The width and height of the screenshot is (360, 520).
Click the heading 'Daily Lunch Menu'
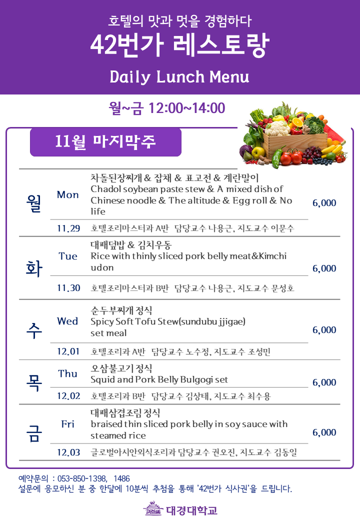[179, 76]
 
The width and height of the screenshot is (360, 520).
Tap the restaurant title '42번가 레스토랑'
[179, 45]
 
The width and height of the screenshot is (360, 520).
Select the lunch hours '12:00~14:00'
[186, 108]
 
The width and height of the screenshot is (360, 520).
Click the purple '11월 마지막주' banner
[105, 142]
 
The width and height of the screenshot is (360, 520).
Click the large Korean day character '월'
[34, 203]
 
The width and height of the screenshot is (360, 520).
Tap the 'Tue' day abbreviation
[68, 256]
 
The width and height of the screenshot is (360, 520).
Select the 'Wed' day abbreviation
[67, 321]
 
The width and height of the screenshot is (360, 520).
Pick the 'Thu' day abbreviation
[67, 374]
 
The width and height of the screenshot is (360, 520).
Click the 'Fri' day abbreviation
[67, 424]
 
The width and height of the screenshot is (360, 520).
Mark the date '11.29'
[68, 228]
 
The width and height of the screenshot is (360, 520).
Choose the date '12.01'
[68, 351]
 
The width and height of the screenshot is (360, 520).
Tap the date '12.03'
[68, 452]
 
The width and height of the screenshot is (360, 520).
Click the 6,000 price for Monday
[324, 203]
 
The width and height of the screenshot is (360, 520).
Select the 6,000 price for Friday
[324, 432]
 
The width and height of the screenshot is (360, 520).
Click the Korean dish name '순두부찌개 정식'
[121, 310]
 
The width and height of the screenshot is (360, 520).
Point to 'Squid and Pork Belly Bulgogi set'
[159, 379]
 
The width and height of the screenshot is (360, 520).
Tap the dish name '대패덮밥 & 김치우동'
[131, 245]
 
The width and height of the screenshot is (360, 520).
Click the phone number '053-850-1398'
[82, 478]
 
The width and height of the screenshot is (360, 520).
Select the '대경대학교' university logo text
[191, 510]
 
